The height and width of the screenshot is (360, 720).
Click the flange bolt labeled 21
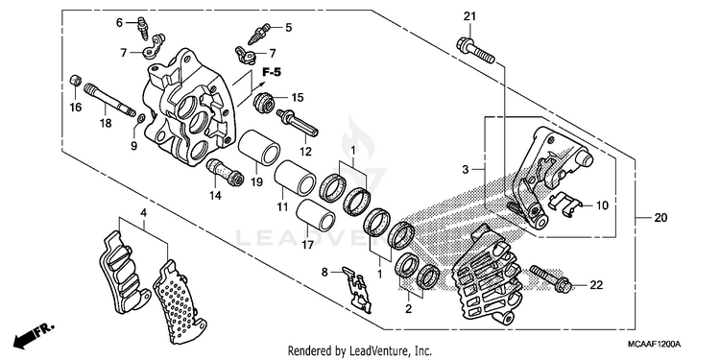[x=476, y=51]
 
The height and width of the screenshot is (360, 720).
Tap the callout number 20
[x=660, y=218]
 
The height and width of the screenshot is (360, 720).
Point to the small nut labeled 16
[x=75, y=81]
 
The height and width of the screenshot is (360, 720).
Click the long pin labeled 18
[x=109, y=99]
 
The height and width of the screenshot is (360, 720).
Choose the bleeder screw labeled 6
[x=143, y=28]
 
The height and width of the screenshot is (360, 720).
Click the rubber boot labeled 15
[x=265, y=102]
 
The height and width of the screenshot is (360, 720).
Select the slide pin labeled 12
[x=297, y=122]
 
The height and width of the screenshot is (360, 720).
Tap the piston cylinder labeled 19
[x=259, y=148]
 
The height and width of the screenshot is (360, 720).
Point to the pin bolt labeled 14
[x=225, y=172]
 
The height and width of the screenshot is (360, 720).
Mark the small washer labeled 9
[x=141, y=120]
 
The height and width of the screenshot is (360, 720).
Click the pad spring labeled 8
[x=357, y=289]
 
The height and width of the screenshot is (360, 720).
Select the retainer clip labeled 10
[x=565, y=203]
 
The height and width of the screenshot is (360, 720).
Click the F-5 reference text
[x=272, y=72]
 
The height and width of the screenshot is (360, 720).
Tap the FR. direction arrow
[x=33, y=335]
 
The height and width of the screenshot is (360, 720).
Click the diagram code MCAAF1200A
[x=655, y=344]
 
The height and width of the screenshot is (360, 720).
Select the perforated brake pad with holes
[x=180, y=303]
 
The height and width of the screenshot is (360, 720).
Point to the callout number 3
[x=466, y=170]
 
